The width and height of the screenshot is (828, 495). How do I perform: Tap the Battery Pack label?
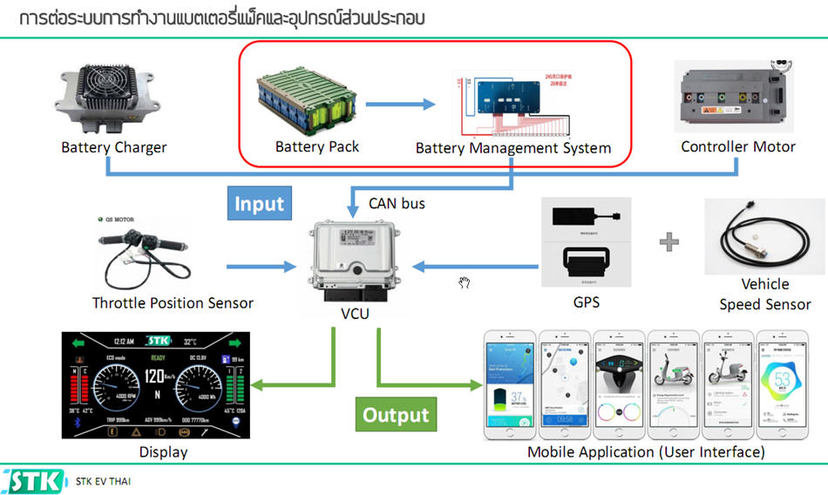[316, 146]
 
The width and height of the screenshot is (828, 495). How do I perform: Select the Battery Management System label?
[513, 148]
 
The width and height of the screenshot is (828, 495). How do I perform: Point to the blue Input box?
[259, 204]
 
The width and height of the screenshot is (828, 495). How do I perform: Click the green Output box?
[396, 415]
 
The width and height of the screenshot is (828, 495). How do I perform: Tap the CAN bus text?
[397, 204]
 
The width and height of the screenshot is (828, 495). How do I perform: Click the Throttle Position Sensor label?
[173, 303]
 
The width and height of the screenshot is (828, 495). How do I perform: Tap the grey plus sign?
[669, 241]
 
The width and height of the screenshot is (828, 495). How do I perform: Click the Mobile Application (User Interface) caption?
[646, 451]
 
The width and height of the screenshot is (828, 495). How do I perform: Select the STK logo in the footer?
[35, 481]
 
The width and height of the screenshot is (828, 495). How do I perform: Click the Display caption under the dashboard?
[163, 451]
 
